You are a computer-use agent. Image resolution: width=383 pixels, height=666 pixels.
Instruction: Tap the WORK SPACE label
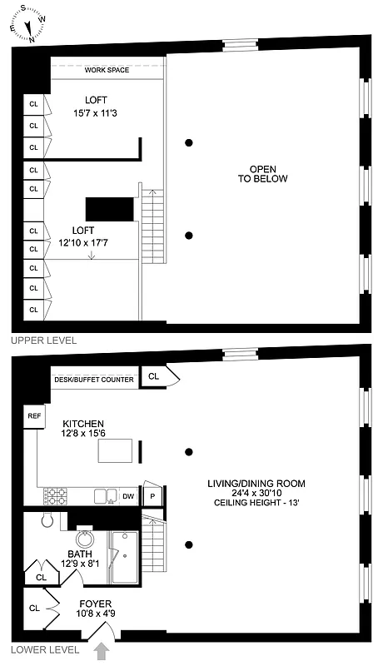point(107,70)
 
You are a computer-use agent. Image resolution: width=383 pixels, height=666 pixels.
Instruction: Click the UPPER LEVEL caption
point(42,340)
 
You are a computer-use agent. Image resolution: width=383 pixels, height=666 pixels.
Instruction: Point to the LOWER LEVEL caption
point(44,649)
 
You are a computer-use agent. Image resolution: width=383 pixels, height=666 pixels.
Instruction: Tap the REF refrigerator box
point(34,415)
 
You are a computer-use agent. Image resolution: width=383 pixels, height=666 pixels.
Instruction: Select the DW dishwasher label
point(128,497)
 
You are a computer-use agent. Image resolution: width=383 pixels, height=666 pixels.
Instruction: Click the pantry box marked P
point(152,497)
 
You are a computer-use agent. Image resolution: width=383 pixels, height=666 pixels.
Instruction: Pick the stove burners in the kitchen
point(57,496)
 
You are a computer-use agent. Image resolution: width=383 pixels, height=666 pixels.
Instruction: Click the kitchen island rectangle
point(116,450)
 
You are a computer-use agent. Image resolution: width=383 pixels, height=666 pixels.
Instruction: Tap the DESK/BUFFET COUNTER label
point(94,380)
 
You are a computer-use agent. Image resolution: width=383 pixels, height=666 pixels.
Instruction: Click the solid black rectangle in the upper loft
point(110,210)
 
